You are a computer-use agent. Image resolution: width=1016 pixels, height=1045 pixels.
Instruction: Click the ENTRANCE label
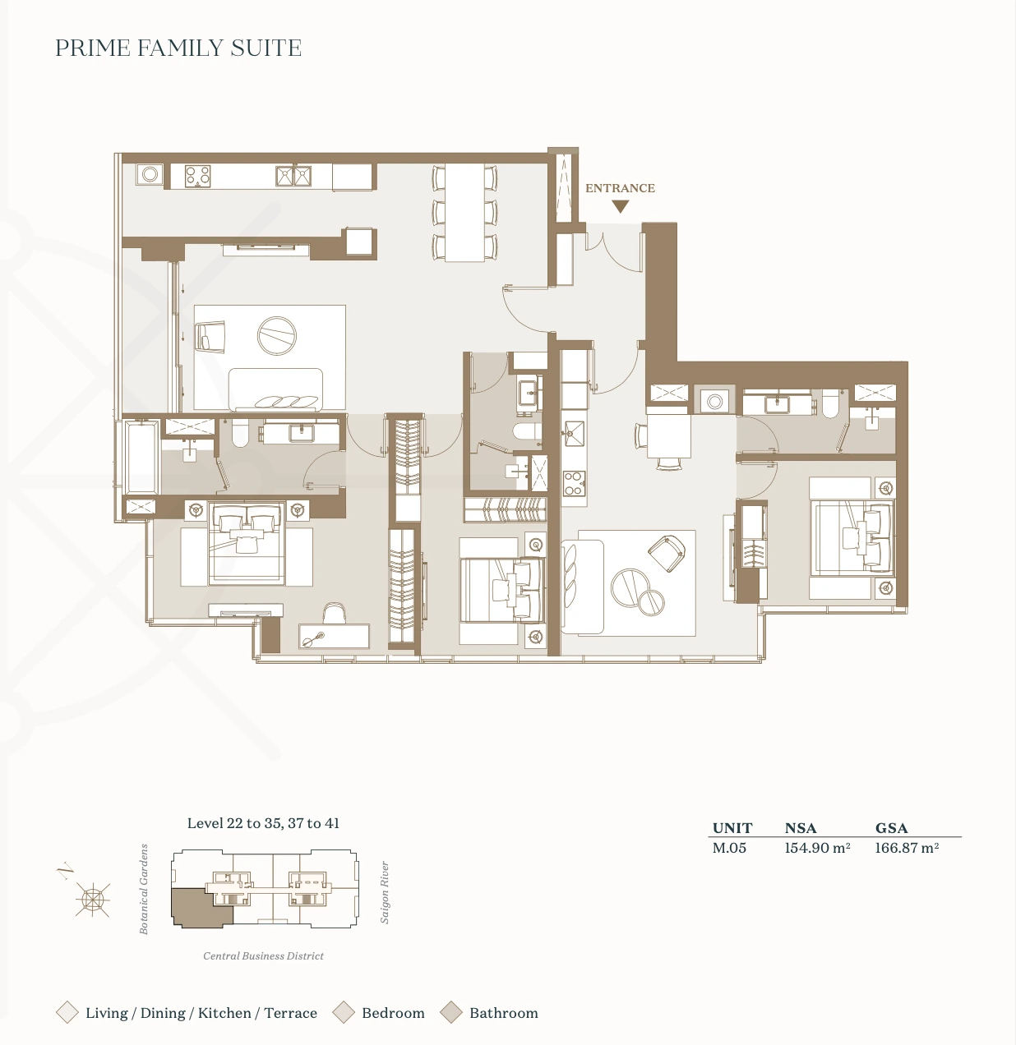click(620, 188)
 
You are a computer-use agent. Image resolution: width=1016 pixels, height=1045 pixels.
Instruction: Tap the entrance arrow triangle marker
click(621, 206)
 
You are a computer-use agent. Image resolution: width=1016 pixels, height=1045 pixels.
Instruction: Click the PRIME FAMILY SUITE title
click(178, 48)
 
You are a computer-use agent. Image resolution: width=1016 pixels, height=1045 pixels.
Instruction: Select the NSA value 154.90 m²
click(817, 848)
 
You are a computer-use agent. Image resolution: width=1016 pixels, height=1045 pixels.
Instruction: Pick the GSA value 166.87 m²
click(907, 848)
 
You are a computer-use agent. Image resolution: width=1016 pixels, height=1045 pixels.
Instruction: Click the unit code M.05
click(729, 848)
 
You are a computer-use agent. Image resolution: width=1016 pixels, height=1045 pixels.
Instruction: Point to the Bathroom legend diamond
click(450, 1012)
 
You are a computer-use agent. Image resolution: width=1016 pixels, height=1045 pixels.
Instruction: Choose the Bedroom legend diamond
click(344, 1012)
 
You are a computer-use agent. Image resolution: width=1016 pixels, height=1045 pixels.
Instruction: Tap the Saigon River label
click(384, 892)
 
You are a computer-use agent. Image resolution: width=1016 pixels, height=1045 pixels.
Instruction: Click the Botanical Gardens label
click(144, 889)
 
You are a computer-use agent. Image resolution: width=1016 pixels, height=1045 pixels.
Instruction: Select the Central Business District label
click(263, 955)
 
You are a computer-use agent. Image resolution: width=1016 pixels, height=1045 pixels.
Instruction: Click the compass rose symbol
click(92, 899)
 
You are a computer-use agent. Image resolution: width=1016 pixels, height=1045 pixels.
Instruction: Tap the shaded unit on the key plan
click(199, 908)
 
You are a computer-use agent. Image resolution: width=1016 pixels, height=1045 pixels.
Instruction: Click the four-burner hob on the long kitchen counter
click(198, 176)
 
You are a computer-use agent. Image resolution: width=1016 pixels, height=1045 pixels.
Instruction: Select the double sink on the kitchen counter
click(293, 176)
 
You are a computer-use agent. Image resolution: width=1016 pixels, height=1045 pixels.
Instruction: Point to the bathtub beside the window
click(142, 457)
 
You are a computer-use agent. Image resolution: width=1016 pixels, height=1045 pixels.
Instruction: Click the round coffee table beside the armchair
click(277, 336)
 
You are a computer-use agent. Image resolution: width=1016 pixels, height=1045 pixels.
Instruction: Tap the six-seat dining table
click(464, 213)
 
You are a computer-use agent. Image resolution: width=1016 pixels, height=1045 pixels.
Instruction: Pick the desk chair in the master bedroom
click(335, 613)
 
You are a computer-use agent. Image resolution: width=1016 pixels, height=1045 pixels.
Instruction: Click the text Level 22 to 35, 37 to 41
click(263, 822)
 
